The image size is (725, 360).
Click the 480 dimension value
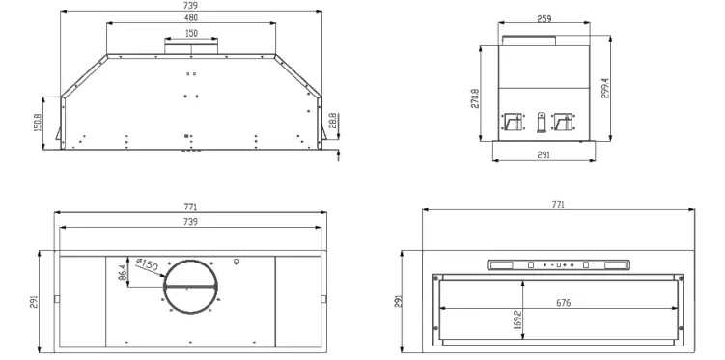[191, 17]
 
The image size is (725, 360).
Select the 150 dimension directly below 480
[191, 33]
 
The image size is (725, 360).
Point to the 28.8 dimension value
[333, 121]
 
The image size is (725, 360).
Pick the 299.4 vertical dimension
[605, 88]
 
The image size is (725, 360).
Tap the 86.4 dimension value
[123, 274]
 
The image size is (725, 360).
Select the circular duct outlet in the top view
[190, 287]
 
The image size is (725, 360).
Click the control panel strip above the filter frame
[559, 264]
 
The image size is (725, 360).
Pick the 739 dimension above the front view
[191, 5]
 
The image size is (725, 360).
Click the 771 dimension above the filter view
[558, 205]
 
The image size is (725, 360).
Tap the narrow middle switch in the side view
[541, 123]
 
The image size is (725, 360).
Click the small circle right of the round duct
[237, 261]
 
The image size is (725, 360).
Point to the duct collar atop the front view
[191, 43]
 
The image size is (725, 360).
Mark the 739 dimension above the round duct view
[190, 222]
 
